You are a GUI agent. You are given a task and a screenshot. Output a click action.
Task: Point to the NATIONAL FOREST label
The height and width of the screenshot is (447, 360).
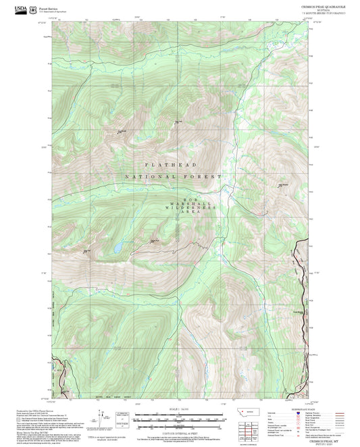tap(173, 177)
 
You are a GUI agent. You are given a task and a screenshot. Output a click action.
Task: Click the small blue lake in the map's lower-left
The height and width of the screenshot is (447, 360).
tap(119, 248)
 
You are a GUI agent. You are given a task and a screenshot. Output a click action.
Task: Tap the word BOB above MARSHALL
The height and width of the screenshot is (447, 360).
tap(189, 199)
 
